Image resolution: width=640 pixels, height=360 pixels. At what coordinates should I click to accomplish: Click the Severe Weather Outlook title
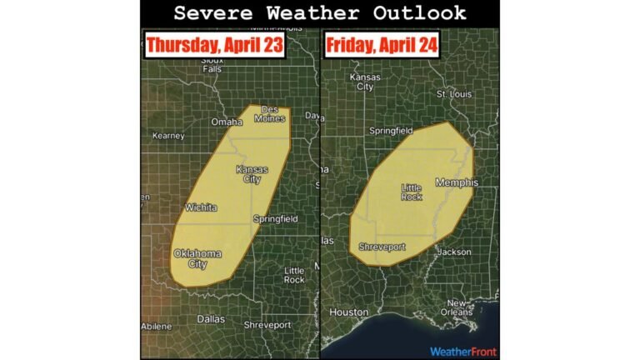tap(320, 13)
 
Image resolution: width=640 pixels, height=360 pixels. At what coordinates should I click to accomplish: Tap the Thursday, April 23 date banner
tap(216, 45)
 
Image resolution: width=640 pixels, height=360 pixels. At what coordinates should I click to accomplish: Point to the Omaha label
tap(226, 122)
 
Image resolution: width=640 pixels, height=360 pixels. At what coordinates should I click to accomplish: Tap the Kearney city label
tap(168, 135)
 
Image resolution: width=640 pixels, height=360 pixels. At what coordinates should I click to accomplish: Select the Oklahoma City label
tap(192, 259)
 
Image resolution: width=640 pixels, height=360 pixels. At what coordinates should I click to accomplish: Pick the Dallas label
tap(210, 319)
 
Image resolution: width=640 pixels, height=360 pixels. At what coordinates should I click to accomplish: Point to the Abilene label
tap(158, 326)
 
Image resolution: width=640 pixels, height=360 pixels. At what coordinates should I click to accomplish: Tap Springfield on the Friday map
tap(391, 131)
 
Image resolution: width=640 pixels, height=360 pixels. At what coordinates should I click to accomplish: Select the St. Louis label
tap(454, 94)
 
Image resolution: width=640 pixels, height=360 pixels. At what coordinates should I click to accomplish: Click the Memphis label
tap(457, 182)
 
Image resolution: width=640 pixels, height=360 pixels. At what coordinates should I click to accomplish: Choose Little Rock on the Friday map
tap(412, 192)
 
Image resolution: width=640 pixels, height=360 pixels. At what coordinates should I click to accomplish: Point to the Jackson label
tap(453, 252)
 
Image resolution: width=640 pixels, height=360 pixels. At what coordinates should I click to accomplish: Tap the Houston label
tap(349, 312)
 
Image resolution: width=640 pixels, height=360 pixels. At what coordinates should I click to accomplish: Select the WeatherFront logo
tap(462, 351)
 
